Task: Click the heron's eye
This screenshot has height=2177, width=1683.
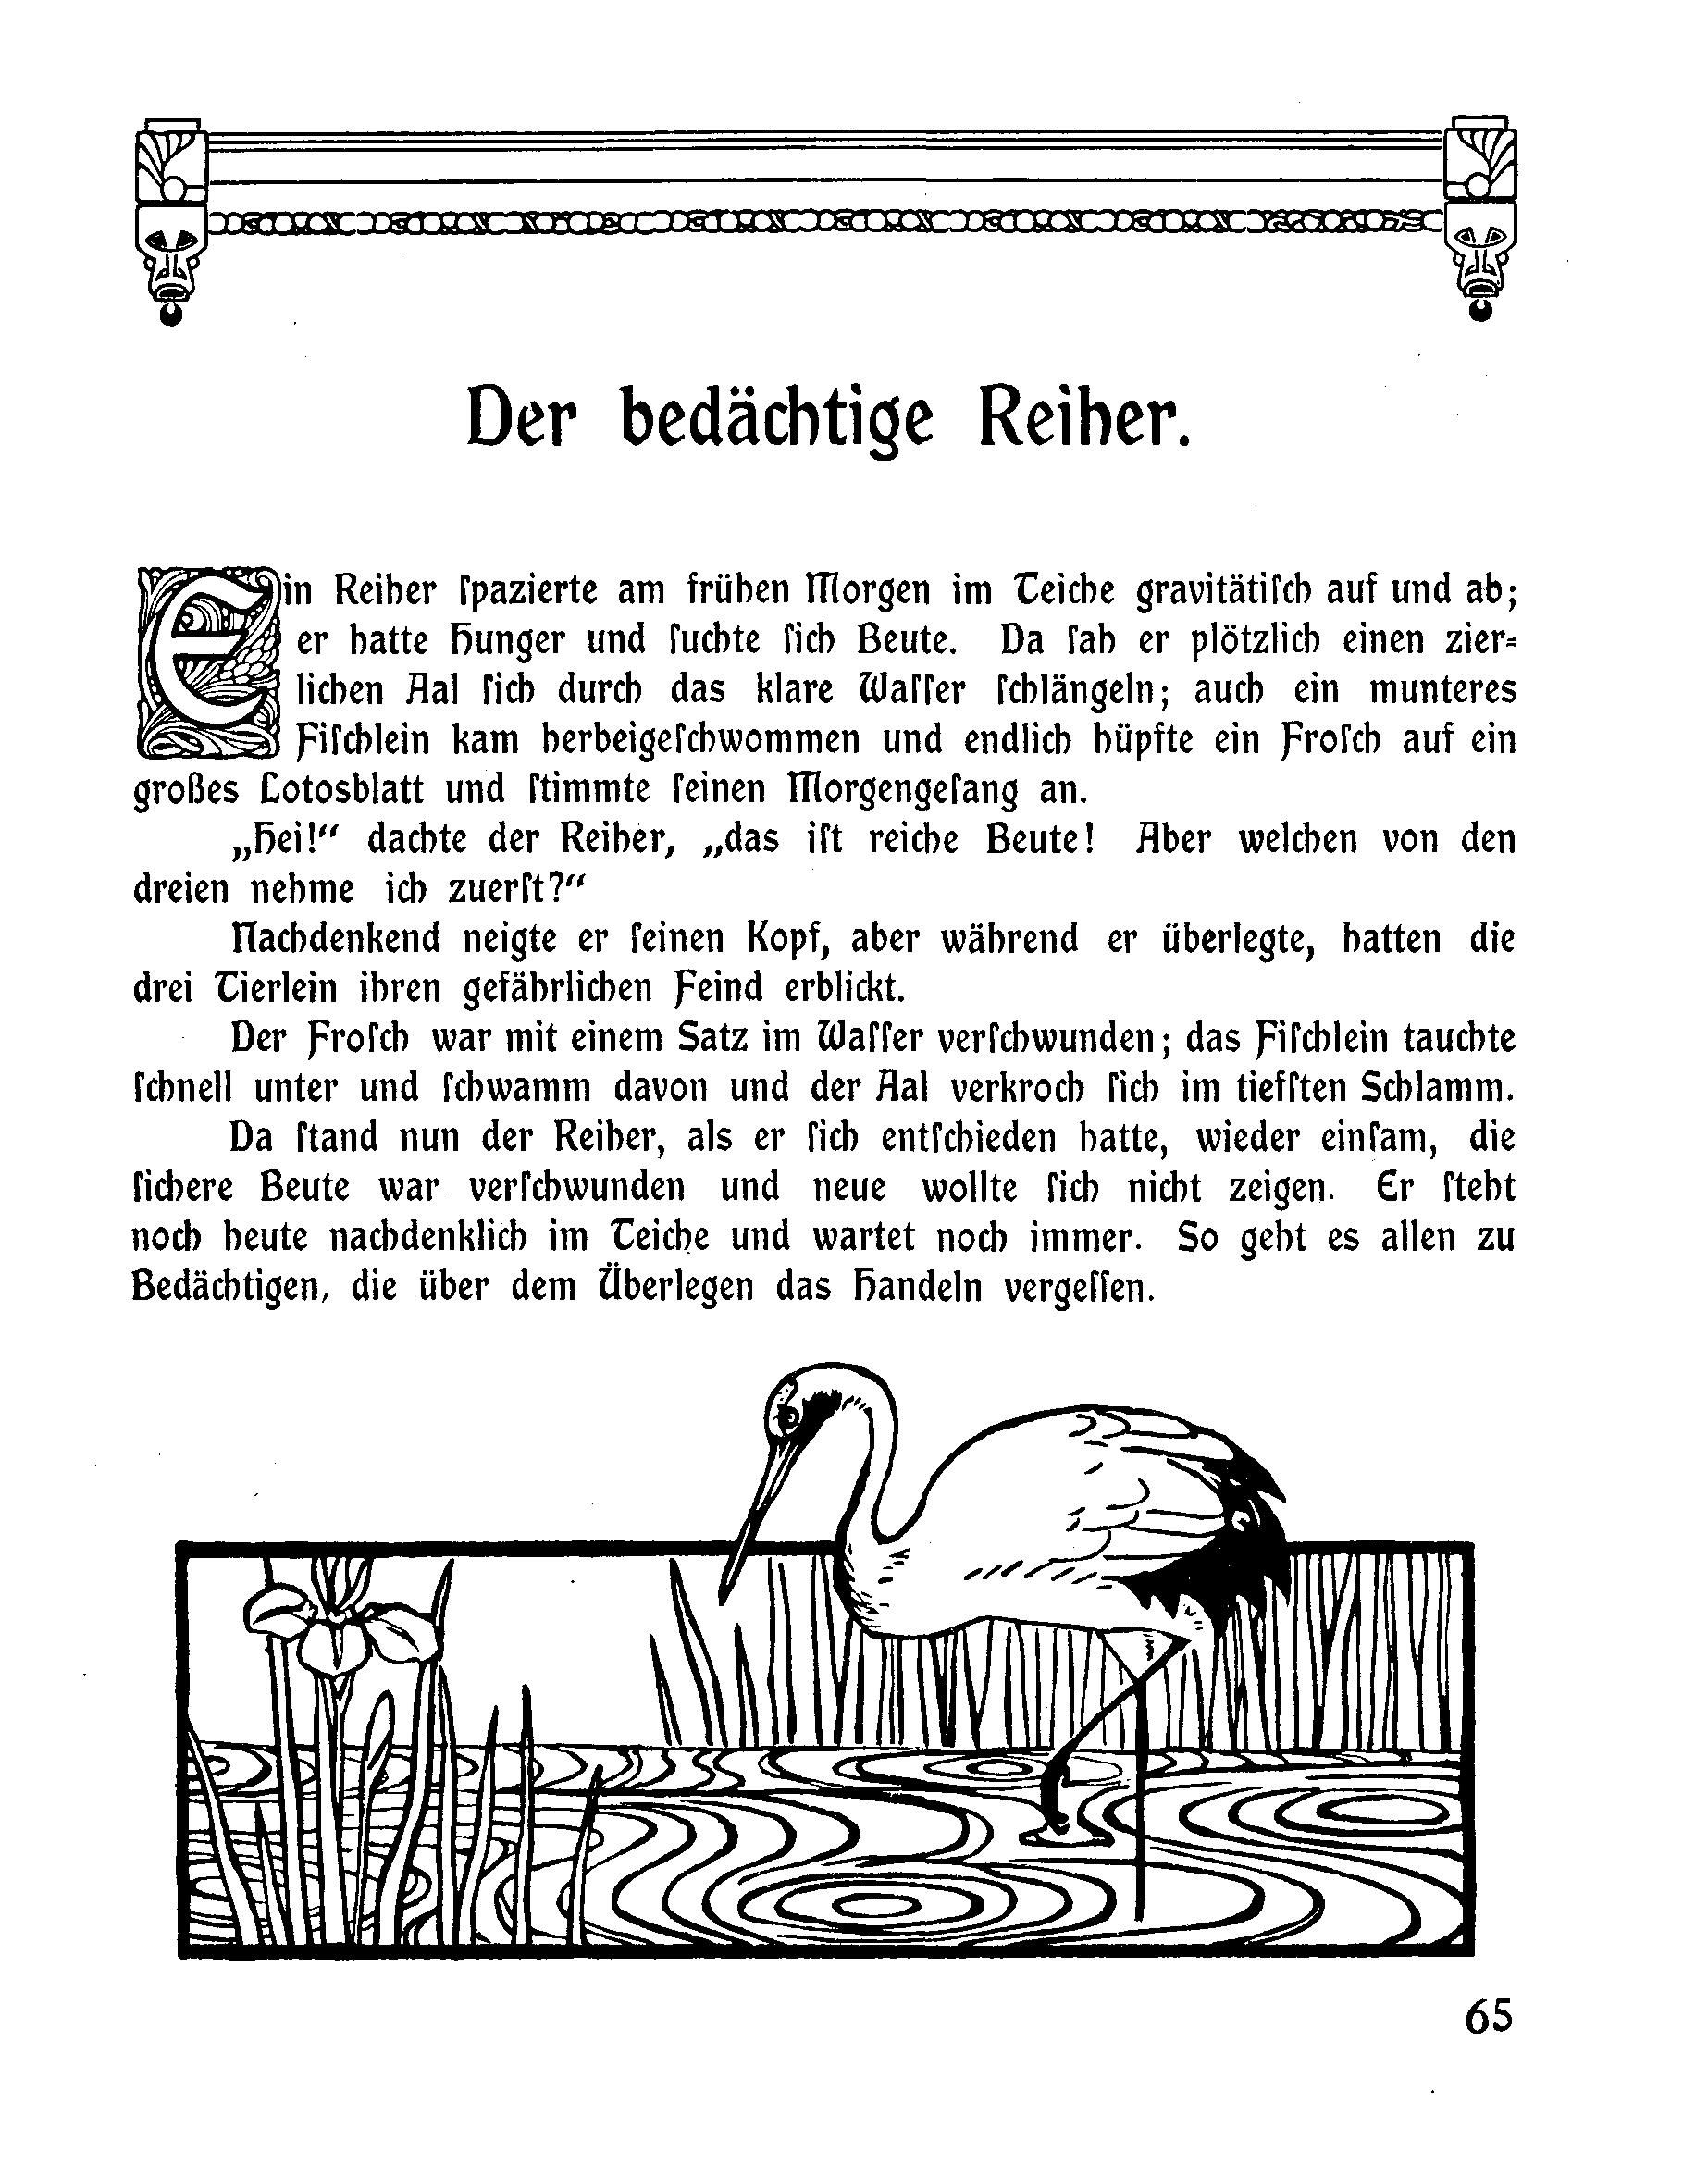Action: pyautogui.click(x=788, y=1415)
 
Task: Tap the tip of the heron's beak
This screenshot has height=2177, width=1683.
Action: pyautogui.click(x=735, y=1575)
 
